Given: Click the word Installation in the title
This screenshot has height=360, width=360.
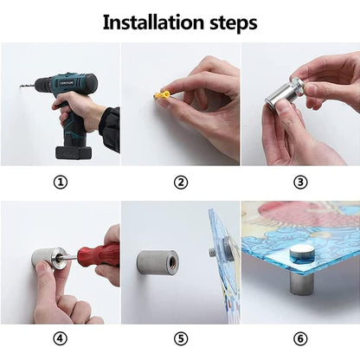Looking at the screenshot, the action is click(153, 22).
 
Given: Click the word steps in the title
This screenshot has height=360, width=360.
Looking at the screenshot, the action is click(234, 24).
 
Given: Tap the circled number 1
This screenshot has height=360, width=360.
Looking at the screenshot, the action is click(61, 182).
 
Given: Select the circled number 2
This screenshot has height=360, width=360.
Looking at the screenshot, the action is click(181, 182).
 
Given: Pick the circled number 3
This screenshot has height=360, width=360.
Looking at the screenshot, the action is click(300, 182).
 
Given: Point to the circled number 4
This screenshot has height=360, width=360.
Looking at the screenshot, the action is click(61, 338).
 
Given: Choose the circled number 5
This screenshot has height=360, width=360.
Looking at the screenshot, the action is click(181, 338).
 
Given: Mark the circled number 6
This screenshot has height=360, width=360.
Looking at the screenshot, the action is click(300, 338).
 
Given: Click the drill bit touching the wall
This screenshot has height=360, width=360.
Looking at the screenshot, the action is click(28, 86).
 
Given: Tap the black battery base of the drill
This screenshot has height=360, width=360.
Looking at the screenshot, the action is click(74, 152).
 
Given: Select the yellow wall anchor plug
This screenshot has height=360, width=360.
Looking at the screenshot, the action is click(162, 94).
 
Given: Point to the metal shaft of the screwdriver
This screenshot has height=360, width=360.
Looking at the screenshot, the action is click(68, 256).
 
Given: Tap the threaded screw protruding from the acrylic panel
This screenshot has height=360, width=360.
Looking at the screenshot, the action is click(212, 251).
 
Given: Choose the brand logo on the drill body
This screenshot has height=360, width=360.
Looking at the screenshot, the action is click(67, 83).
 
